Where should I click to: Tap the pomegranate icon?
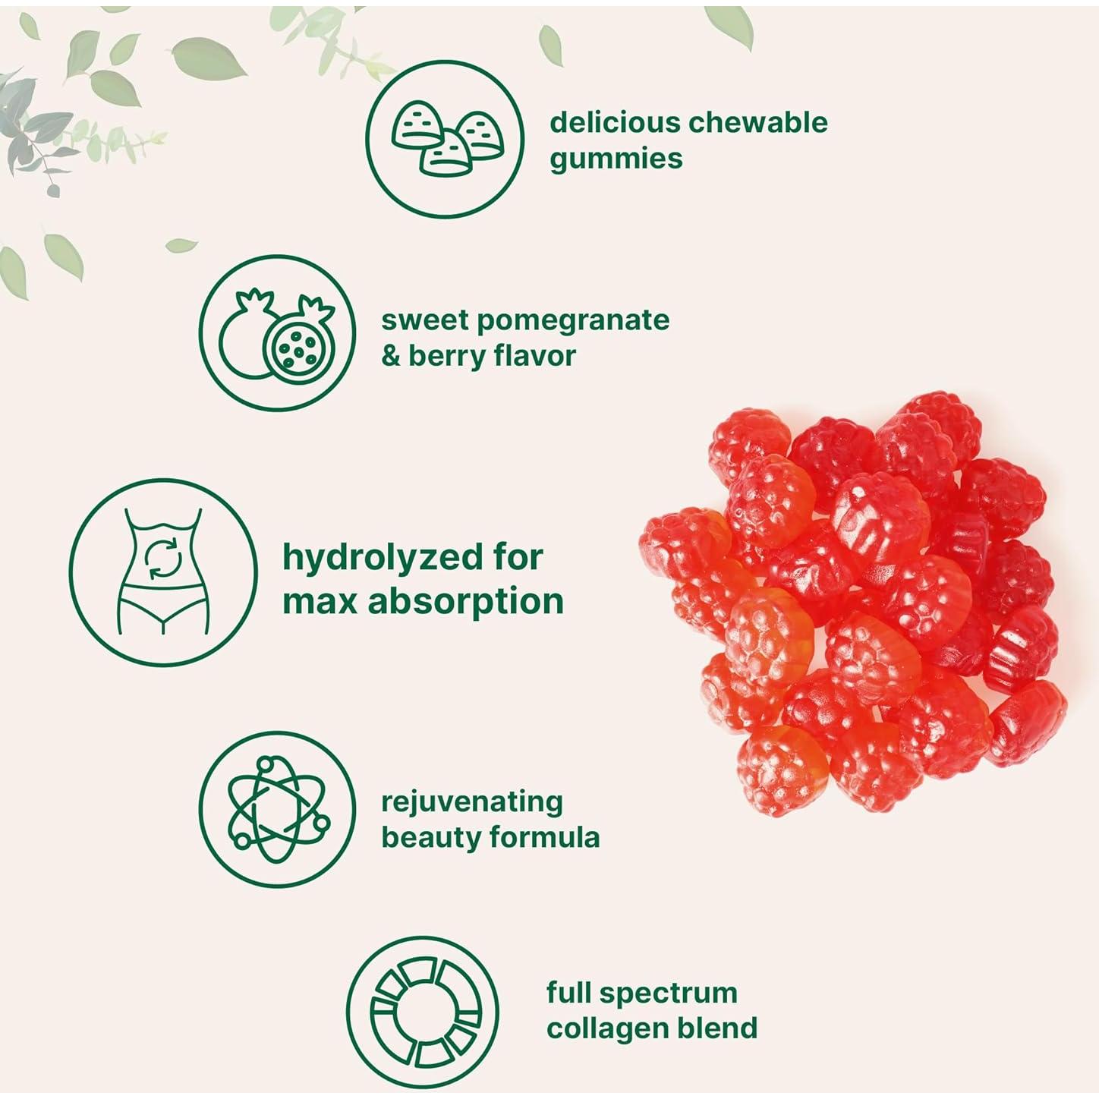point(278,334)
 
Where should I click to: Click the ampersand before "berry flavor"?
point(390,355)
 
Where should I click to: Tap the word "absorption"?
point(466,601)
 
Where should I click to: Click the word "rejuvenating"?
point(471,802)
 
